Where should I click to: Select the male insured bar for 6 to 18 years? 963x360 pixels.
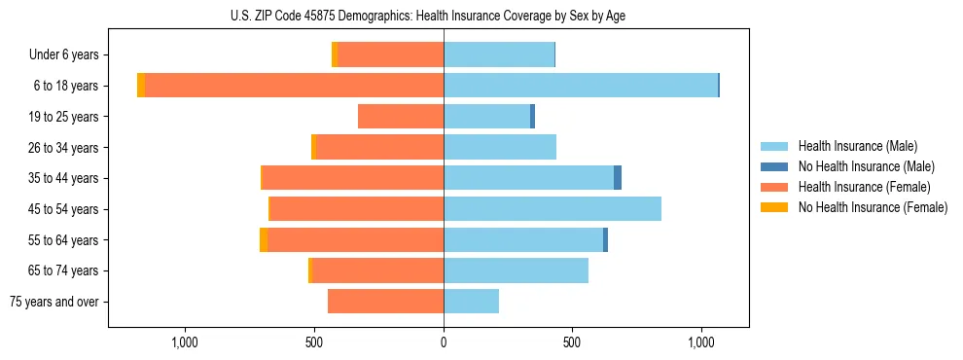point(581,86)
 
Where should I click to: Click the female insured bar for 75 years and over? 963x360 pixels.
point(385,302)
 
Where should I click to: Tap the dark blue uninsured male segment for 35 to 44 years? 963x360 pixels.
point(618,178)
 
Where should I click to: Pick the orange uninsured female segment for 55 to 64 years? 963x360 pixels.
point(264,240)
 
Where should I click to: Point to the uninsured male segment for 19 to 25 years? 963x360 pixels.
point(533,117)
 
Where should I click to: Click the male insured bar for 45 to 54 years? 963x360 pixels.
point(553,209)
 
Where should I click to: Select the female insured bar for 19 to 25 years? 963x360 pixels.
point(401,117)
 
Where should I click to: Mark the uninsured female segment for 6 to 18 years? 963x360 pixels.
point(141,86)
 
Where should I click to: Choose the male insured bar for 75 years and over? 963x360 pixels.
point(472,302)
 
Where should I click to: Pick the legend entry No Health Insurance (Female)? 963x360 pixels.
point(873,207)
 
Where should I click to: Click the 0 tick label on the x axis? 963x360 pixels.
point(444,342)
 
